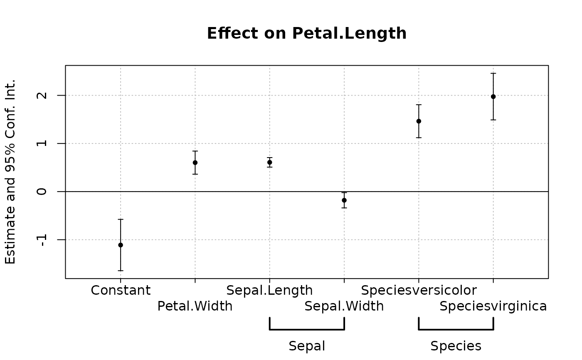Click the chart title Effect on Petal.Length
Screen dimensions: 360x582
click(306, 34)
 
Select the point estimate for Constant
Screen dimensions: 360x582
click(121, 245)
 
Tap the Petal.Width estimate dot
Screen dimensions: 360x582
click(195, 163)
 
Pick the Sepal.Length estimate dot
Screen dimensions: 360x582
click(270, 162)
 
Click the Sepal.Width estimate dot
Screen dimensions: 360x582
click(344, 200)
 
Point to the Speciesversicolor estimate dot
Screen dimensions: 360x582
click(419, 121)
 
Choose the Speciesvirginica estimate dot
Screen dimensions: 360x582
click(493, 96)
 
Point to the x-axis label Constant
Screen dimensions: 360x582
click(121, 290)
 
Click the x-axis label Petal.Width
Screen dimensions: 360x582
click(195, 306)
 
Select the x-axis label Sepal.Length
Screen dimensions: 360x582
click(270, 290)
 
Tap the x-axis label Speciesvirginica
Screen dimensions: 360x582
click(493, 306)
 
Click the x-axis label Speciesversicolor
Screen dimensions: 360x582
click(419, 290)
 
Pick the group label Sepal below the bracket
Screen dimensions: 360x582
click(307, 346)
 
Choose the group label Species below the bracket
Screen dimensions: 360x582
click(456, 346)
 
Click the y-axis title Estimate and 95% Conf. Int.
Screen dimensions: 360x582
click(11, 171)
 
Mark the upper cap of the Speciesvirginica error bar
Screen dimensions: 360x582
click(493, 73)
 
